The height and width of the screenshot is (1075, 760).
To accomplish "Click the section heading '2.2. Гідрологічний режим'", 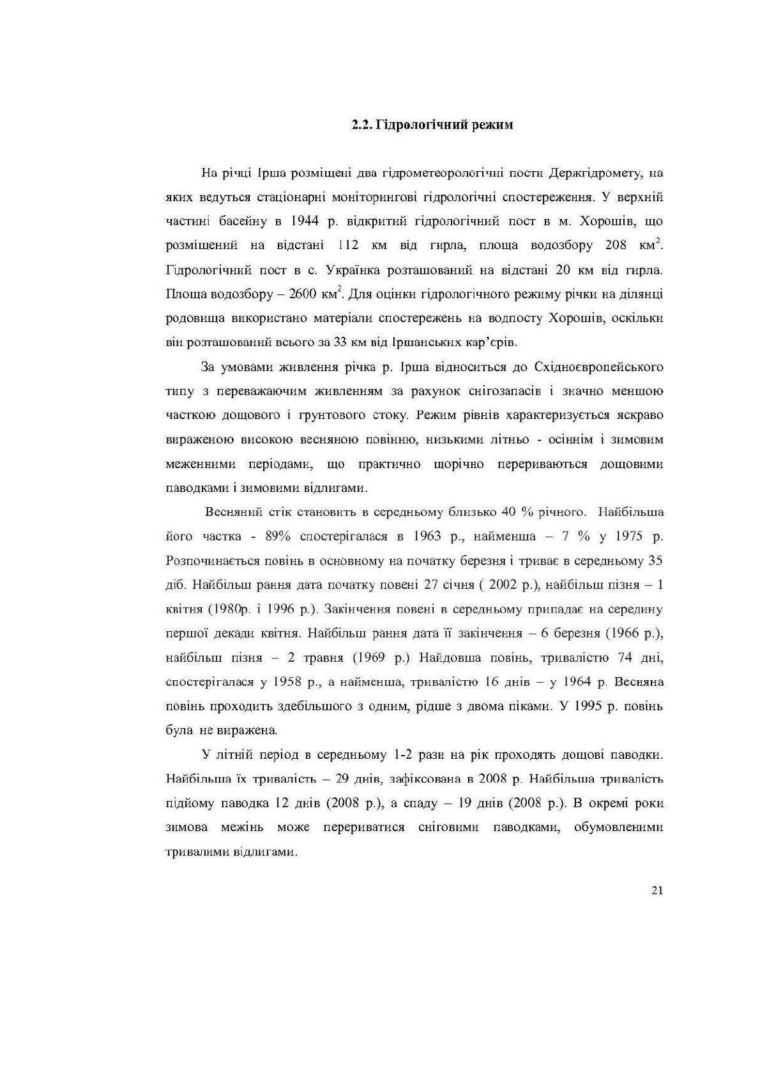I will tap(432, 125).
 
